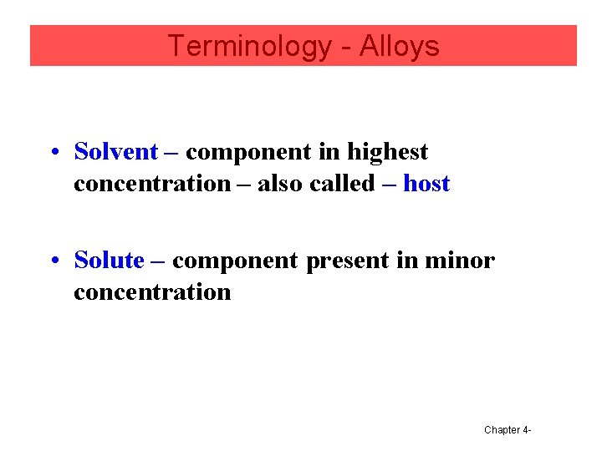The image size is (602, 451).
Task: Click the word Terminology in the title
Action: (x=249, y=46)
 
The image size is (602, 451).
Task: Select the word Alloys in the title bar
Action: (x=399, y=46)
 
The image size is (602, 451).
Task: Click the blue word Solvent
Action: (x=115, y=152)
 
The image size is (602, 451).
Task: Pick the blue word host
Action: (x=426, y=184)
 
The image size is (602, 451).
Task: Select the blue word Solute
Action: (x=109, y=261)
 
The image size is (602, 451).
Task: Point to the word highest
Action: (x=387, y=152)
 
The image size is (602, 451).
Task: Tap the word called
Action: (x=341, y=184)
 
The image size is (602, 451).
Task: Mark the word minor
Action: (x=459, y=261)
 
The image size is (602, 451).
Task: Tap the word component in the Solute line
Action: (x=235, y=261)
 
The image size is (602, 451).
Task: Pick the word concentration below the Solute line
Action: (x=152, y=292)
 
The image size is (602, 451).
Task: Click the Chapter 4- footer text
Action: (x=508, y=430)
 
